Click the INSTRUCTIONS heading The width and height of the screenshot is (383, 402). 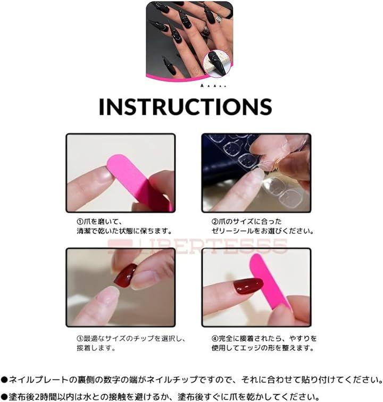pyautogui.click(x=185, y=107)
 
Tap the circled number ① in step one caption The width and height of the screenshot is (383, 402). pyautogui.click(x=80, y=222)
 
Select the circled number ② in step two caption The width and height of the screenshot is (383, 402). pyautogui.click(x=215, y=222)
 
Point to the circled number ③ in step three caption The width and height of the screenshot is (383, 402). pyautogui.click(x=80, y=338)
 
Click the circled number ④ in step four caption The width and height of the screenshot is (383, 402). pyautogui.click(x=215, y=338)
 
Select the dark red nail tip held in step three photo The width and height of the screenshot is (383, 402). pyautogui.click(x=126, y=277)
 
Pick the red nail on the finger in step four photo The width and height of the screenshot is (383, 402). pyautogui.click(x=248, y=286)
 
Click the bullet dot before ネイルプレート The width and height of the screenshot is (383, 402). pyautogui.click(x=4, y=380)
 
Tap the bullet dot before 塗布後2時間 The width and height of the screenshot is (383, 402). pyautogui.click(x=4, y=397)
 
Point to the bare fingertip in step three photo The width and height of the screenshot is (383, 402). pyautogui.click(x=109, y=295)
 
